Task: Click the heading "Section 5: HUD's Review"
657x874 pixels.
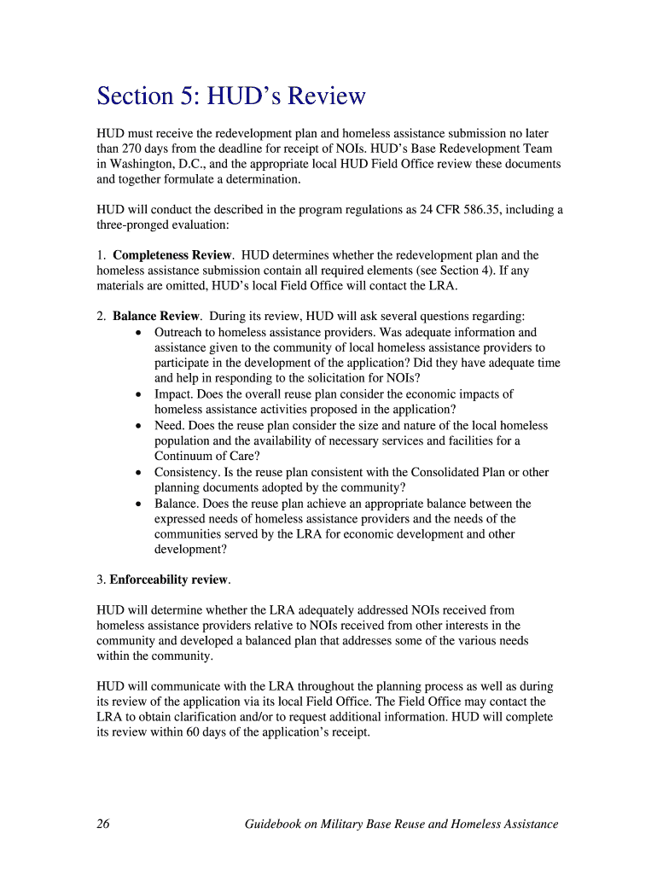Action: (x=230, y=96)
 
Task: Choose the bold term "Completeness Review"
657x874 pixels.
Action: (x=172, y=255)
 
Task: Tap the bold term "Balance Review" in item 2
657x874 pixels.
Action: (x=156, y=317)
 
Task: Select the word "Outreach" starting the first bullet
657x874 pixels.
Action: (x=181, y=332)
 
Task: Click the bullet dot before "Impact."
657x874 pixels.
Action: (x=139, y=394)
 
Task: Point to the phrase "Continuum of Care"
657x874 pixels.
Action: (x=206, y=456)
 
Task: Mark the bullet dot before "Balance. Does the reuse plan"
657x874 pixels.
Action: (x=139, y=504)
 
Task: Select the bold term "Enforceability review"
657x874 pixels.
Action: (x=169, y=580)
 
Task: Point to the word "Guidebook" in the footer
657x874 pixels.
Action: (x=275, y=824)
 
